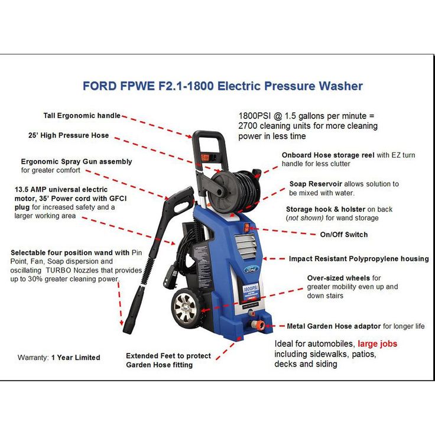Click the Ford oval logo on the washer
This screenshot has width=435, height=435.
(x=251, y=269)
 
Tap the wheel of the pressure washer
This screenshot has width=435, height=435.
(x=185, y=308)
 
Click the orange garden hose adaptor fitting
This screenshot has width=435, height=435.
(x=258, y=324)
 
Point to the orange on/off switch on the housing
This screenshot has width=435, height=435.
(x=246, y=228)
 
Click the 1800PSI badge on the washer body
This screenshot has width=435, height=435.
(x=251, y=288)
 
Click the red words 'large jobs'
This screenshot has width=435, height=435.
(x=377, y=344)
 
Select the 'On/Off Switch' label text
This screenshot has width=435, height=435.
(x=344, y=235)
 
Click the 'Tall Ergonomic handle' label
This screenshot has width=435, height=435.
(x=82, y=116)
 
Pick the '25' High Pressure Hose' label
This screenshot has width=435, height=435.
(x=69, y=135)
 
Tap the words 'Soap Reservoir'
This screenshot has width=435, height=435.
(x=316, y=184)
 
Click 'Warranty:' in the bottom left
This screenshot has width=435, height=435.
(x=33, y=358)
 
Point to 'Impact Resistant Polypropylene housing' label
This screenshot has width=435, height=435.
(x=359, y=259)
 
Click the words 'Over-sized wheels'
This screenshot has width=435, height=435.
(x=339, y=278)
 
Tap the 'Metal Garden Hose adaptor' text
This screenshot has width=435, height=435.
(x=334, y=326)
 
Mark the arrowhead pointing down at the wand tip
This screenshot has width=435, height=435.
(x=122, y=323)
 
